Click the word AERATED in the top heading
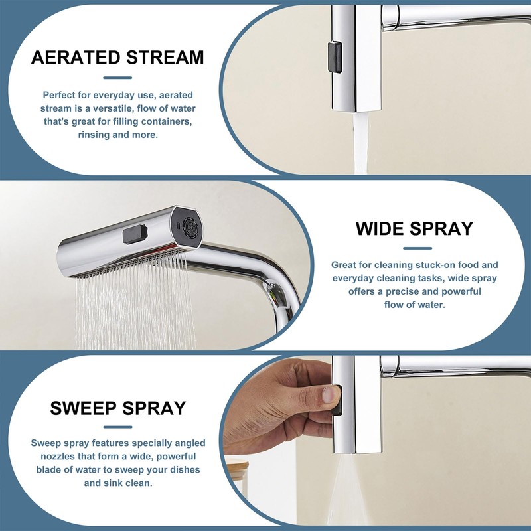pyautogui.click(x=74, y=57)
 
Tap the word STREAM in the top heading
pyautogui.click(x=161, y=57)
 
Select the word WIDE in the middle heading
pyautogui.click(x=382, y=229)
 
